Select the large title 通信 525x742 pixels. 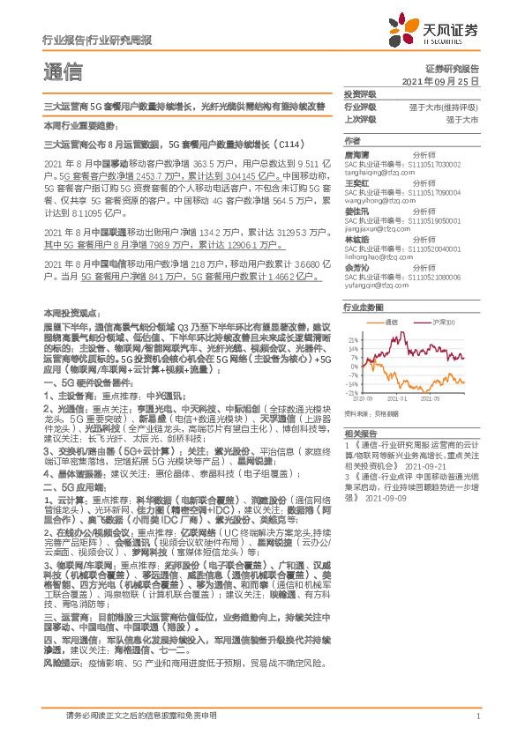[63, 72]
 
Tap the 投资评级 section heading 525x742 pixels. [360, 93]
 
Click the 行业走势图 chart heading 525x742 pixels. [364, 308]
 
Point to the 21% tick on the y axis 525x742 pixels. [354, 339]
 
